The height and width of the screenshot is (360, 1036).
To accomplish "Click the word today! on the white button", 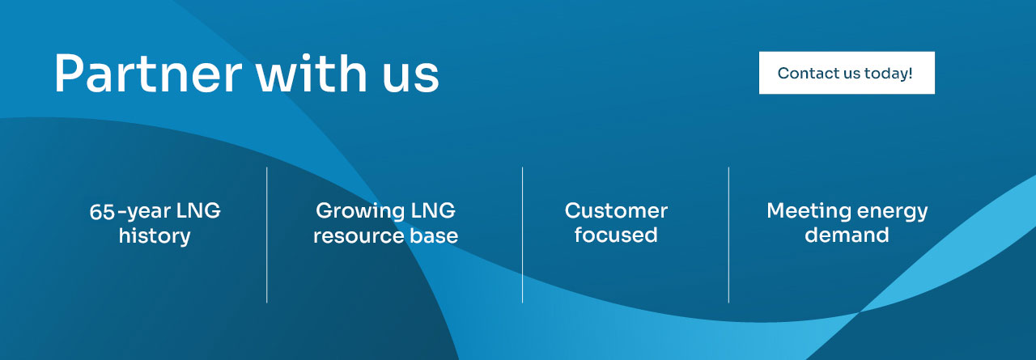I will point(889,74).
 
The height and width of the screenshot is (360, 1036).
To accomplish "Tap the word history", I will point(155,236).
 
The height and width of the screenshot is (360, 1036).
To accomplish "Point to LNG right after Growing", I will point(433,212).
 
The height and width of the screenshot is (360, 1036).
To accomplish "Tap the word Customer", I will point(616,212).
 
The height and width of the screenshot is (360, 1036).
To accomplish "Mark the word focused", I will point(616,235).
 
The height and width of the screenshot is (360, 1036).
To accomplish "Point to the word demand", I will point(847,235).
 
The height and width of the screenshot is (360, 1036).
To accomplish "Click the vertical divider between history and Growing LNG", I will point(266,235).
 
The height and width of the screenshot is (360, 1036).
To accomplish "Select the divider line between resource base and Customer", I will point(522,235).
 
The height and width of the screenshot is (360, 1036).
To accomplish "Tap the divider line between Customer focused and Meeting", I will point(728,235).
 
